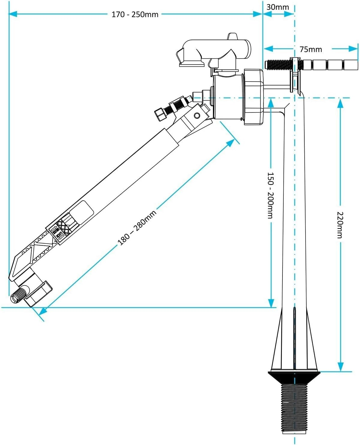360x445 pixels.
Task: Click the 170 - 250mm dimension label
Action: tap(135, 14)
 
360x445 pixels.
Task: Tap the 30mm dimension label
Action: tap(278, 7)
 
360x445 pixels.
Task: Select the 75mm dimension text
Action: tap(311, 49)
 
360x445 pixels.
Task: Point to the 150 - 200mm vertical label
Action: tap(271, 195)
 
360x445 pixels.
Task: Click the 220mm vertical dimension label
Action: tap(340, 225)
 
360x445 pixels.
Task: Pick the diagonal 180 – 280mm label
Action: tap(137, 228)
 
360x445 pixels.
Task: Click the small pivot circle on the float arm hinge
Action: tap(197, 116)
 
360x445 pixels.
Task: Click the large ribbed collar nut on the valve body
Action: tap(253, 97)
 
